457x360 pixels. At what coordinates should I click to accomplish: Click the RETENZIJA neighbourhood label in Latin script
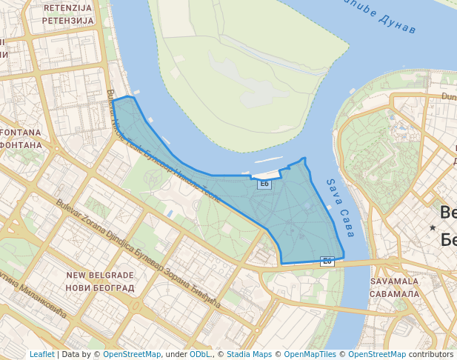coord(69,8)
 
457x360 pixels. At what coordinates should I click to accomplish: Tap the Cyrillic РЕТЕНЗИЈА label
coord(69,20)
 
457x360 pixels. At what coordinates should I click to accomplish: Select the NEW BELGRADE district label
coord(100,275)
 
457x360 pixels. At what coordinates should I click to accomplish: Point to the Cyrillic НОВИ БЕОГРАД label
coord(100,287)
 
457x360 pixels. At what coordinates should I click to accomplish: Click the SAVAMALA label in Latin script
coord(394,281)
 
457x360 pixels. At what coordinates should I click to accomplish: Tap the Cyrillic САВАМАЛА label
coord(394,293)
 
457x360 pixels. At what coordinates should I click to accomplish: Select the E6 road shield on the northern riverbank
coord(264,184)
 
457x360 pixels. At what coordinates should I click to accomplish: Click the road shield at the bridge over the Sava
coord(327,261)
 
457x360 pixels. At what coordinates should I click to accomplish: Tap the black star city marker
coord(432,227)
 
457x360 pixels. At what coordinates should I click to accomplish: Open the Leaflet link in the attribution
coord(41,354)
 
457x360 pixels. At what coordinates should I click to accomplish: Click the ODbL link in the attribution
coord(199,354)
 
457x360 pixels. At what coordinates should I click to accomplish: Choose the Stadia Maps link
coord(249,354)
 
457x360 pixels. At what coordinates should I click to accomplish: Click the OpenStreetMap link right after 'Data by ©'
coord(132,354)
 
